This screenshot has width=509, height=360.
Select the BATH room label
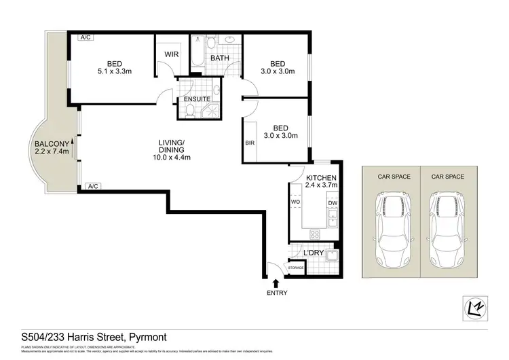(219, 58)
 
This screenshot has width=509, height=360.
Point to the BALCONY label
(51, 144)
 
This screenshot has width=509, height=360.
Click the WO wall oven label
(296, 202)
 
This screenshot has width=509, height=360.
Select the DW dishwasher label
(332, 202)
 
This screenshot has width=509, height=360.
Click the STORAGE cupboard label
(296, 268)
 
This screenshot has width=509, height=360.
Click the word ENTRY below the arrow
(277, 293)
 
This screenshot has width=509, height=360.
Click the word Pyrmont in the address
(144, 337)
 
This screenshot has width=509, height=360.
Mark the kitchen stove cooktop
(316, 234)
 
